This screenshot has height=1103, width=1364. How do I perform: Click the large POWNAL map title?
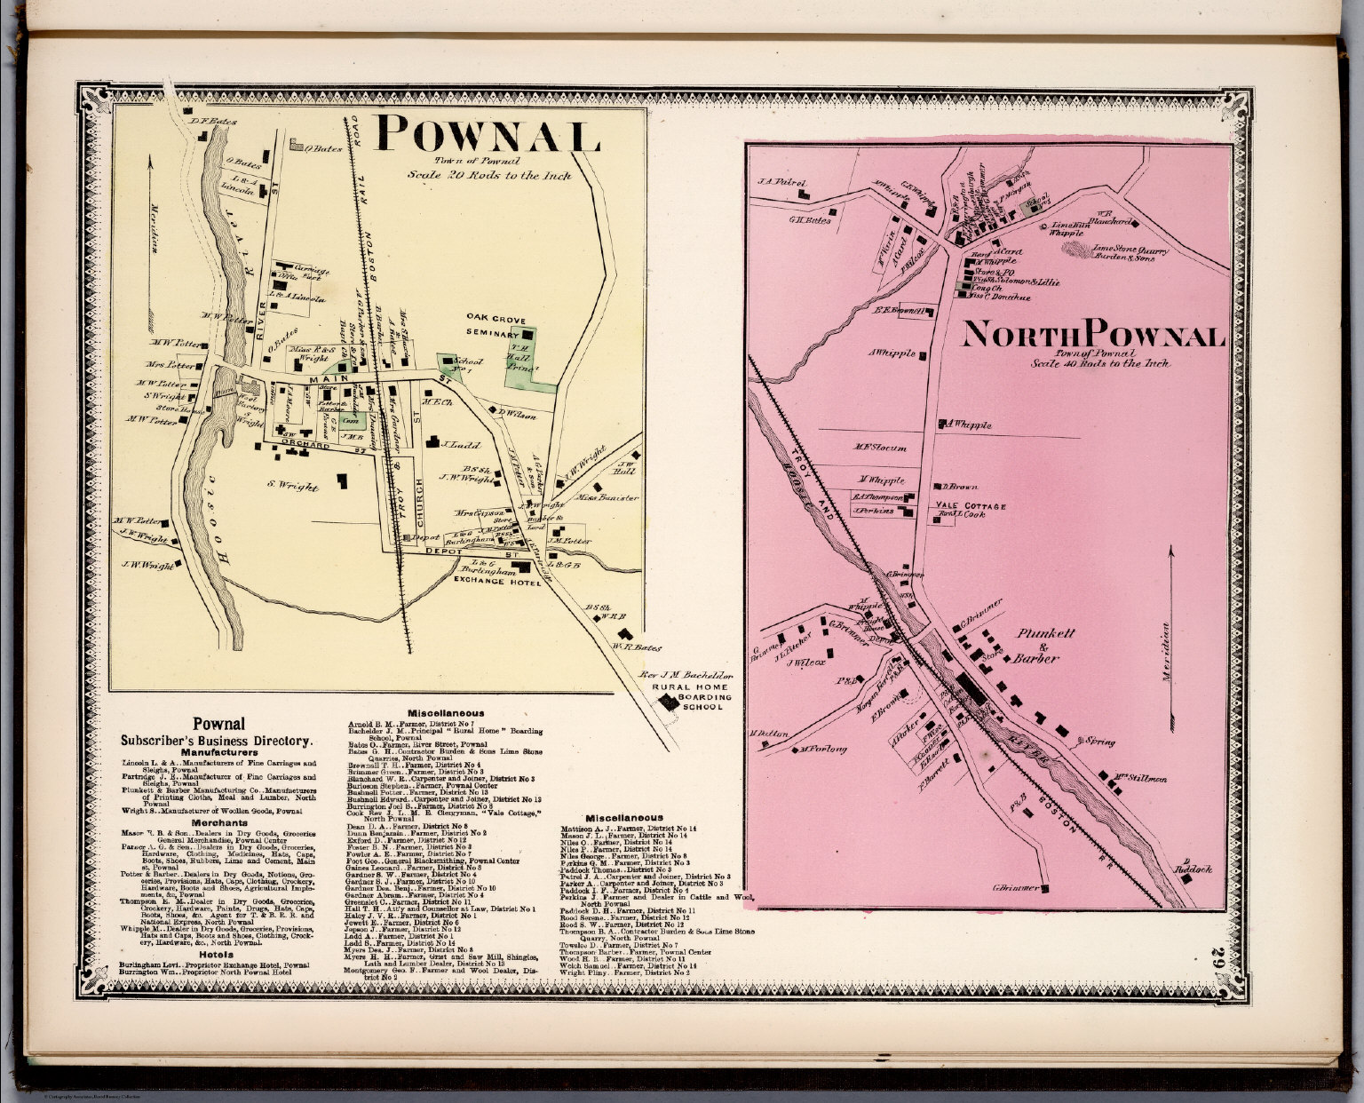pos(489,135)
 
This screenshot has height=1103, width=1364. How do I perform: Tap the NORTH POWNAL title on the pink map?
pos(1093,335)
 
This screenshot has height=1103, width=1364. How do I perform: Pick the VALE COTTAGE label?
pos(970,505)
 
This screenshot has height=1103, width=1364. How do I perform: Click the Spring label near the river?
pos(1101,741)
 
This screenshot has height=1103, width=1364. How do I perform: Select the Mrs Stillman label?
pos(1145,779)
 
